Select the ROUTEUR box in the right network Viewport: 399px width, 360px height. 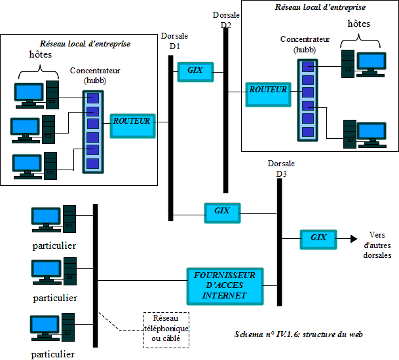click(x=268, y=92)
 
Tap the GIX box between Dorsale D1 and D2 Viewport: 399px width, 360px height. click(x=195, y=71)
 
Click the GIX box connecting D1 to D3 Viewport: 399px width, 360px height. click(x=221, y=212)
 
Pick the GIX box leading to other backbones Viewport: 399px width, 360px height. click(x=318, y=239)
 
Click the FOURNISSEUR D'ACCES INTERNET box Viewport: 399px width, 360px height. click(x=225, y=286)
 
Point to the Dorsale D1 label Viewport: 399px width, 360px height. click(x=174, y=42)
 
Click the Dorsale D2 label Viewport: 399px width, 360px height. click(x=225, y=20)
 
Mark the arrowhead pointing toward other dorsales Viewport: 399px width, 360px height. click(x=354, y=239)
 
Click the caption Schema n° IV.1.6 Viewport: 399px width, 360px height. click(x=298, y=334)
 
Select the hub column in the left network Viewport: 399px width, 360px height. click(x=93, y=131)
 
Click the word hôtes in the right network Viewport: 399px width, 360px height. click(x=358, y=24)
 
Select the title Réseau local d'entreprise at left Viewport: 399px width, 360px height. click(x=85, y=44)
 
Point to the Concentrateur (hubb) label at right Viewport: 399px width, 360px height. click(x=304, y=44)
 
